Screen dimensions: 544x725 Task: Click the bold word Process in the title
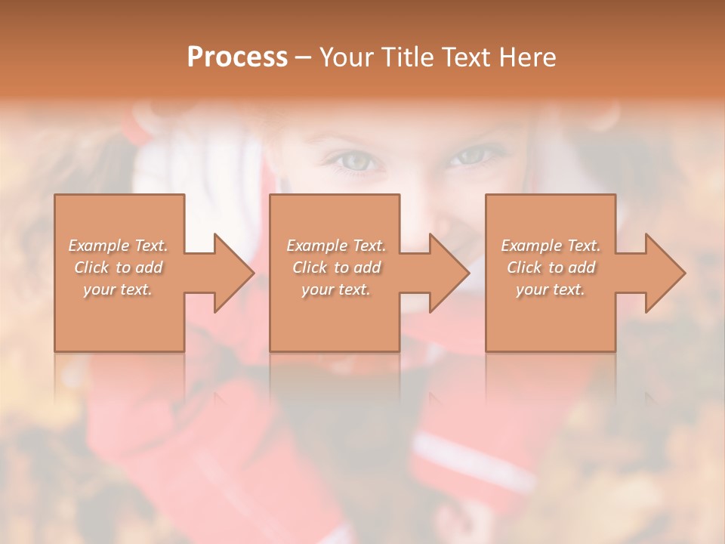pyautogui.click(x=237, y=57)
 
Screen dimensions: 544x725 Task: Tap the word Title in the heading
pyautogui.click(x=409, y=57)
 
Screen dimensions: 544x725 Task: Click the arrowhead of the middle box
pyautogui.click(x=449, y=273)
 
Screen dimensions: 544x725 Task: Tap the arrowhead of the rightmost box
pyautogui.click(x=665, y=273)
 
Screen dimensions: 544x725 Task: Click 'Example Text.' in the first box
pyautogui.click(x=118, y=246)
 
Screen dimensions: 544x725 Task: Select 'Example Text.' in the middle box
pyautogui.click(x=336, y=246)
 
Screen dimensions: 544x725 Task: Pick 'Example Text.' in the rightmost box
pyautogui.click(x=551, y=246)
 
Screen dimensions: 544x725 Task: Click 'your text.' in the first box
pyautogui.click(x=118, y=289)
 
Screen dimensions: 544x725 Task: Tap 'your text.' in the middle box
pyautogui.click(x=336, y=289)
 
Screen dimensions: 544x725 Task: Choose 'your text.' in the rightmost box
pyautogui.click(x=551, y=289)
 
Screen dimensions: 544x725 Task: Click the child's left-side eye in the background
pyautogui.click(x=356, y=160)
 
